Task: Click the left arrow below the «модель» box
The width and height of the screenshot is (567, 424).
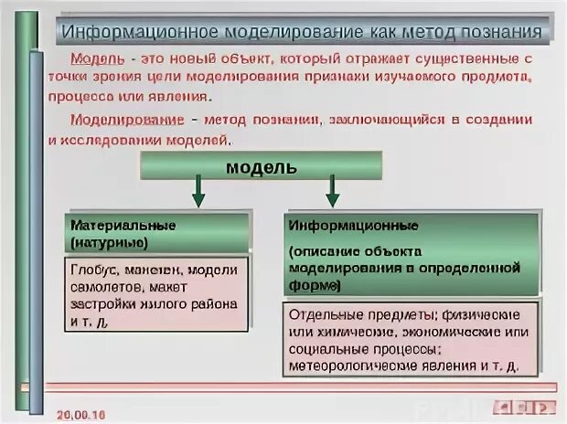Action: [x=197, y=193]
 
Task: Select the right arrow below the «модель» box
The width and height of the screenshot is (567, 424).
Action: [x=333, y=192]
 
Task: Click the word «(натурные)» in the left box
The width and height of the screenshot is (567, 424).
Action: [x=109, y=242]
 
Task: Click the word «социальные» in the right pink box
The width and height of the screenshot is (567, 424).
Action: [x=326, y=349]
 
